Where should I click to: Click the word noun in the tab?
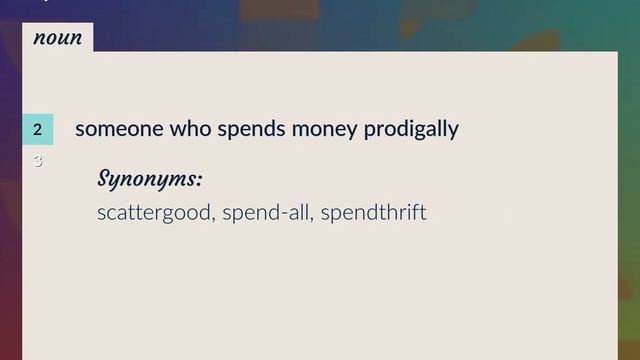[x=57, y=38]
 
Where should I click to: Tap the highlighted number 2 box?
[x=37, y=129]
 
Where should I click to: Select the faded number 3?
[x=38, y=160]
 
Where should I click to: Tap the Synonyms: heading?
[x=149, y=180]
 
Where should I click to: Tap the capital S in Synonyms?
[x=105, y=179]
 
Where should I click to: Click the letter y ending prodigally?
[x=453, y=132]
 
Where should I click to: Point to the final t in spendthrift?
[x=423, y=213]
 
